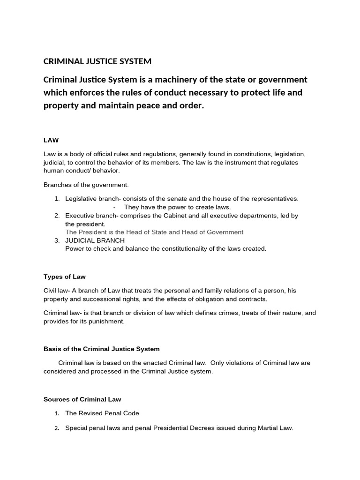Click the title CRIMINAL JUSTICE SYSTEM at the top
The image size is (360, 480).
pyautogui.click(x=97, y=61)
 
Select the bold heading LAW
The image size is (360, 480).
pyautogui.click(x=51, y=140)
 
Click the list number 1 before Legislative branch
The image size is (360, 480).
pyautogui.click(x=57, y=199)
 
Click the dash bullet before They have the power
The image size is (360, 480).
pyautogui.click(x=115, y=207)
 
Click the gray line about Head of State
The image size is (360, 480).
pyautogui.click(x=154, y=232)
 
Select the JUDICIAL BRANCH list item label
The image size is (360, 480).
pyautogui.click(x=95, y=240)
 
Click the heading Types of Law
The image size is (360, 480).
pyautogui.click(x=65, y=277)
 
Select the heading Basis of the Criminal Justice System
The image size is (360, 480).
pyautogui.click(x=102, y=349)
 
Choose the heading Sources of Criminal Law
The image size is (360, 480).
pyautogui.click(x=82, y=399)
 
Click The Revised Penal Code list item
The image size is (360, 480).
pyautogui.click(x=102, y=413)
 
